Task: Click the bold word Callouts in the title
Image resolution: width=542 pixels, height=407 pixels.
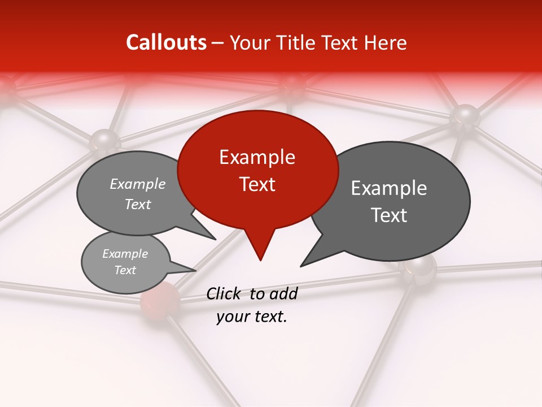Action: coord(166,42)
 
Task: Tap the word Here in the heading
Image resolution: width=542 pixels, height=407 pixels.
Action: coord(386,43)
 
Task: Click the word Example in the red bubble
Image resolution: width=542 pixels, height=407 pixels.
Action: coord(257,157)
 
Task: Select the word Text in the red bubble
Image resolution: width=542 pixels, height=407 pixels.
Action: coord(257,184)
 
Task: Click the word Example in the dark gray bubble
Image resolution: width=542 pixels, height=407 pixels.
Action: coord(389,188)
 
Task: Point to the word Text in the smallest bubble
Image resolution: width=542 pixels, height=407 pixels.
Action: coord(125,270)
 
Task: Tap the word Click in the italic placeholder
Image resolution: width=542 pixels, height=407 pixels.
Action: coord(225,293)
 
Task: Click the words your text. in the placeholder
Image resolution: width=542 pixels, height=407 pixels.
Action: coord(252,317)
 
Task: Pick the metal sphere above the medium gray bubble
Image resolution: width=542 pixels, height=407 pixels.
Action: coord(104,140)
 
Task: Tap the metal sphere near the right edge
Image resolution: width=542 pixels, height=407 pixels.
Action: coord(465,116)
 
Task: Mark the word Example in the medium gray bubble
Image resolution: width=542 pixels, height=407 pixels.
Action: coord(138,184)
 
